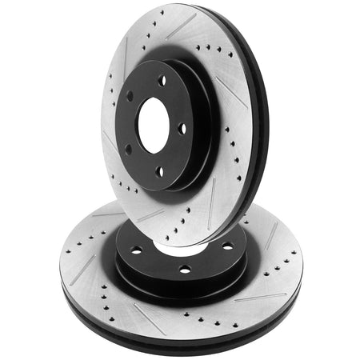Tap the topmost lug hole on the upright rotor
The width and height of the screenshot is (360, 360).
(x=163, y=80)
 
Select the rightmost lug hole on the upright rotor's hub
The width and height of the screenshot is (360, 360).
(x=182, y=127)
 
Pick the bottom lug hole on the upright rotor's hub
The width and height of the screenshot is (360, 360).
(x=159, y=170)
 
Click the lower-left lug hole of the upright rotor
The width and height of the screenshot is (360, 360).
(x=127, y=148)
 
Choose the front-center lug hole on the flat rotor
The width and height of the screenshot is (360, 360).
(x=185, y=269)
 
